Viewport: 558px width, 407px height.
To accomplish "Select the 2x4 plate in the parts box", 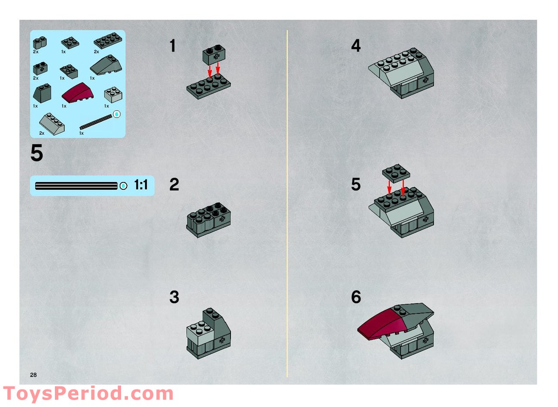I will pyautogui.click(x=107, y=41).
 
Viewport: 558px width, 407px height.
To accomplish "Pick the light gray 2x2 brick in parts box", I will pyautogui.click(x=113, y=94).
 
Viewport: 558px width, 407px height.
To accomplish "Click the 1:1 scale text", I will pyautogui.click(x=141, y=185).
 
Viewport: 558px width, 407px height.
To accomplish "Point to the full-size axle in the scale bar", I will pyautogui.click(x=76, y=186).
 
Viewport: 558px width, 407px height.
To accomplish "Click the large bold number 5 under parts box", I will pyautogui.click(x=37, y=153).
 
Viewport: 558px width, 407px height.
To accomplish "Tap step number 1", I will pyautogui.click(x=173, y=46).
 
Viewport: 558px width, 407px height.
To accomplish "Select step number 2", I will pyautogui.click(x=174, y=185).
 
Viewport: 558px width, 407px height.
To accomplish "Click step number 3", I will pyautogui.click(x=174, y=297).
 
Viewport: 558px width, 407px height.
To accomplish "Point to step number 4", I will pyautogui.click(x=356, y=46).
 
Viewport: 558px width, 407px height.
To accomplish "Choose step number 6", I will pyautogui.click(x=356, y=297).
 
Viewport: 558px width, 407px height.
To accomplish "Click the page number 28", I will pyautogui.click(x=33, y=375).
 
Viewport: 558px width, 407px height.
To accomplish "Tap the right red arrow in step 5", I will pyautogui.click(x=403, y=187).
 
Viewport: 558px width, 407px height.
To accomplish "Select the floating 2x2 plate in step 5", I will pyautogui.click(x=396, y=173).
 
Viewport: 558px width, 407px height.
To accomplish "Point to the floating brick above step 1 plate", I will pyautogui.click(x=215, y=55).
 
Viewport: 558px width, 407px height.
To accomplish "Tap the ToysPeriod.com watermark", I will pyautogui.click(x=88, y=393).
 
